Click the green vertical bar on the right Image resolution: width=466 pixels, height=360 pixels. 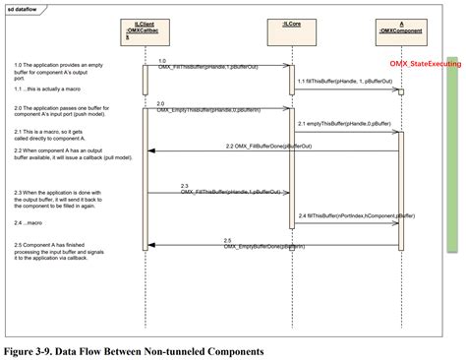[453, 177]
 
